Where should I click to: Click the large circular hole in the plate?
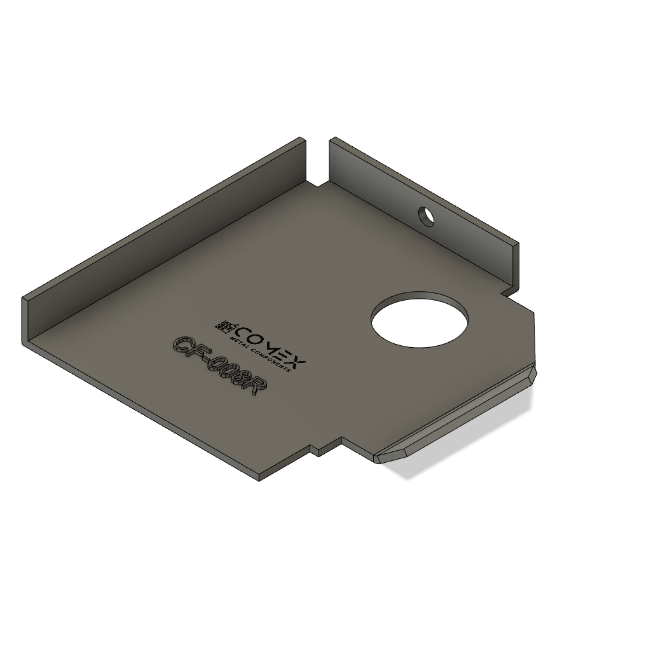pos(420,324)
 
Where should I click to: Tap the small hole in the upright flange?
pos(426,216)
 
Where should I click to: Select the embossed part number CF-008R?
pos(219,366)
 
